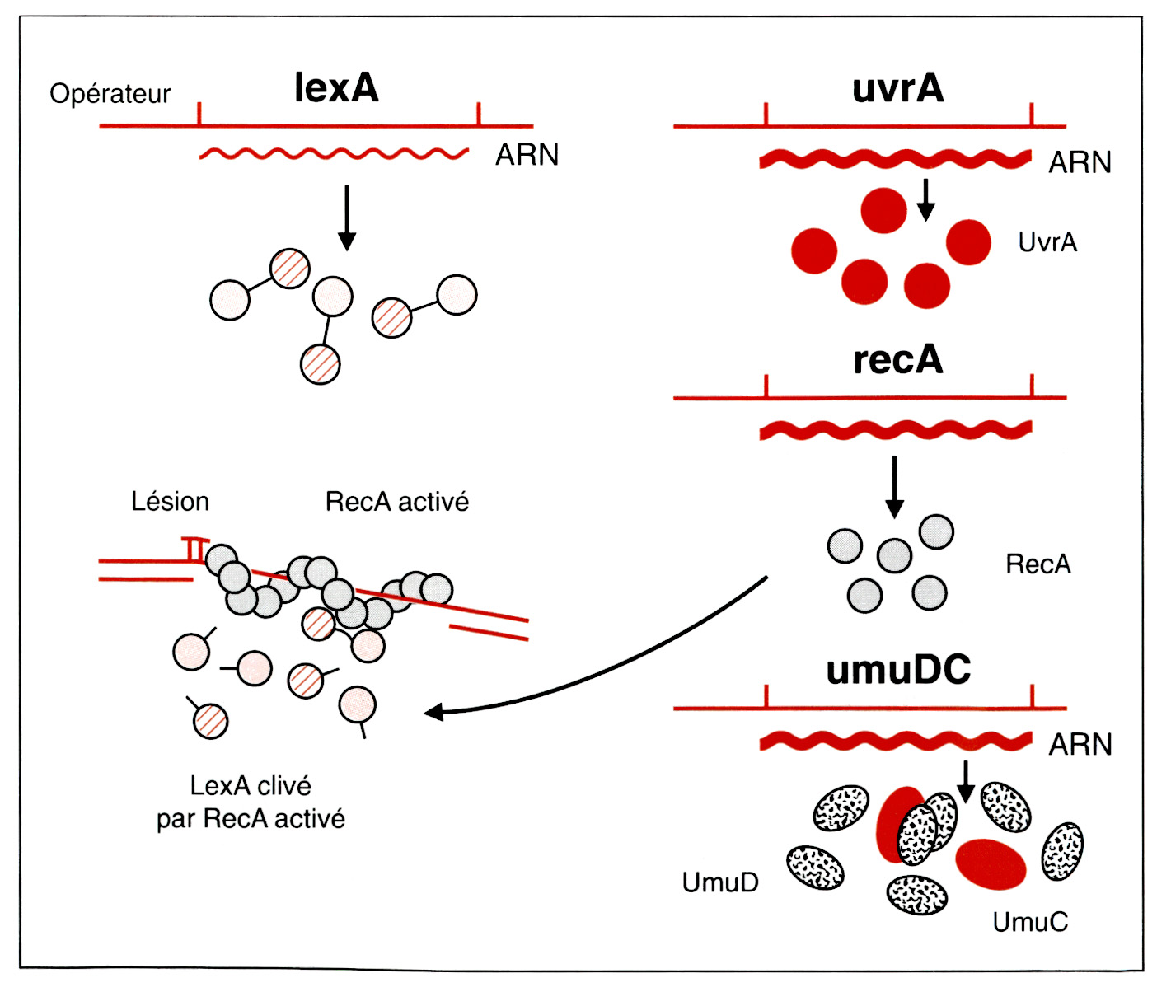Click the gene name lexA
336,87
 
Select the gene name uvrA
897,87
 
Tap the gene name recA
897,360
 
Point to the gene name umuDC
898,670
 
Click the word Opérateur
110,94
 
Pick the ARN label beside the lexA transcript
527,155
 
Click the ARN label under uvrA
1080,162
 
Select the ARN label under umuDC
1080,745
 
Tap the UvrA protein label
1047,242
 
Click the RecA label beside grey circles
1038,564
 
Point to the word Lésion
170,502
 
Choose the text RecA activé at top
396,502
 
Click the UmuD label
720,882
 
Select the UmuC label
1030,922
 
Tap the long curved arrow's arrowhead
433,711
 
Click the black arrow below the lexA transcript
347,218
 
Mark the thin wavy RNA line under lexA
334,154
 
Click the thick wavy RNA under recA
895,429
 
